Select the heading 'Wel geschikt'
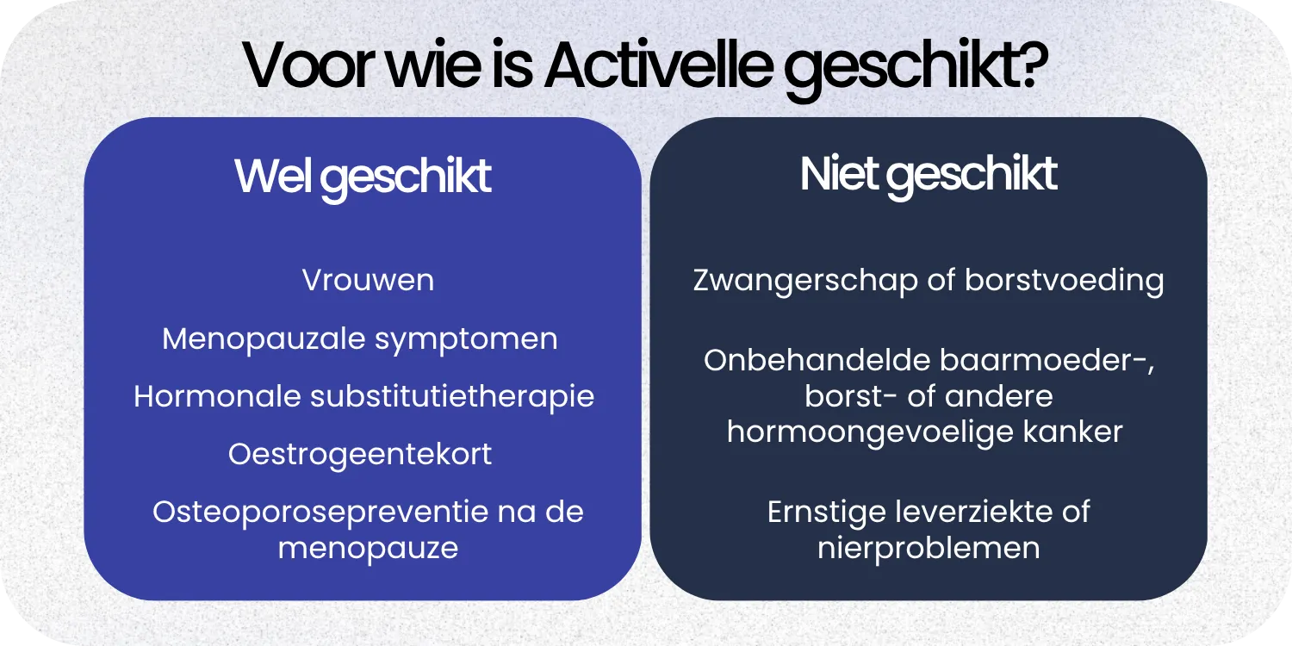[363, 177]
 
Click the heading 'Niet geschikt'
[929, 175]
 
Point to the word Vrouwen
[368, 281]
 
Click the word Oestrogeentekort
[360, 454]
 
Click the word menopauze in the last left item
[368, 548]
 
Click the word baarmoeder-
[1034, 360]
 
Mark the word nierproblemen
[929, 548]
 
